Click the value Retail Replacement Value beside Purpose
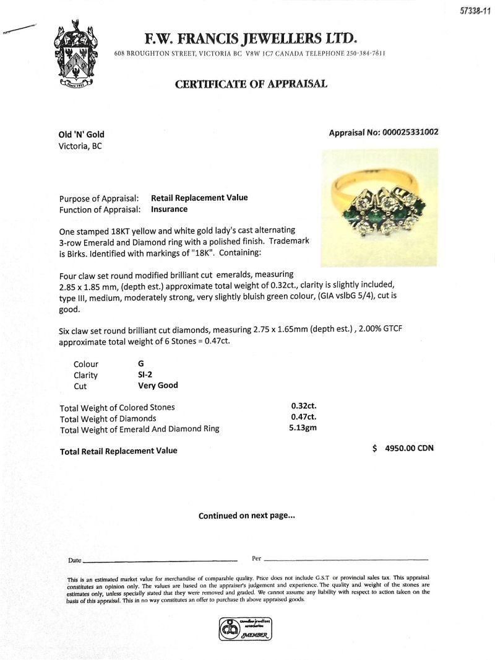coord(199,198)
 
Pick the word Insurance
coord(169,209)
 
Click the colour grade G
coord(141,364)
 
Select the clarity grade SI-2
coord(147,374)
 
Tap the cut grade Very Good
coord(158,385)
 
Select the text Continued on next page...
coord(247,515)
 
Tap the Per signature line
coord(345,559)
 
